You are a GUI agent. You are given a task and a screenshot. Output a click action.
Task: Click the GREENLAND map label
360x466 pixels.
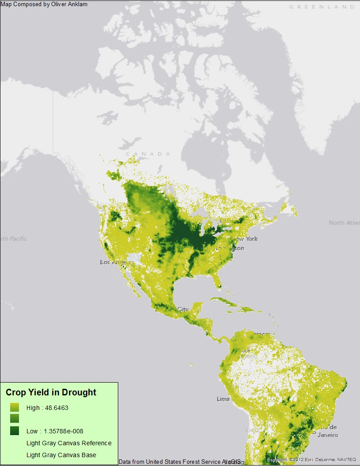click(322, 7)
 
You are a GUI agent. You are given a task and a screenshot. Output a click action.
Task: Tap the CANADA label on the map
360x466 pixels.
click(148, 154)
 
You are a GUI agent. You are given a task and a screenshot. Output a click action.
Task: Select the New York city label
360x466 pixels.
click(245, 239)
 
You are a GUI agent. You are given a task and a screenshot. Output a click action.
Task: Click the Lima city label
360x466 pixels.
click(223, 399)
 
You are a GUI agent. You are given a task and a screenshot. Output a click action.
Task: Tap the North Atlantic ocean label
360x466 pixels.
click(343, 222)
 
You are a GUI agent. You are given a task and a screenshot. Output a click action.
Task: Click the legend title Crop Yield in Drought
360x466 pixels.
click(51, 392)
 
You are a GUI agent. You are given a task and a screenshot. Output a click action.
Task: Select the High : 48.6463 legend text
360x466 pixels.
click(47, 408)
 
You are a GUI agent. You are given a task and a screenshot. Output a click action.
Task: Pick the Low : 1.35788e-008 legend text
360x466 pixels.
click(55, 431)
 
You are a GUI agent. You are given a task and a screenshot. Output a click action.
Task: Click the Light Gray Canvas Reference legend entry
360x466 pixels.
click(69, 443)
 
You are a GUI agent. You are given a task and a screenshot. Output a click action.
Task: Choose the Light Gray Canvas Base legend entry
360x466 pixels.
click(61, 455)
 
